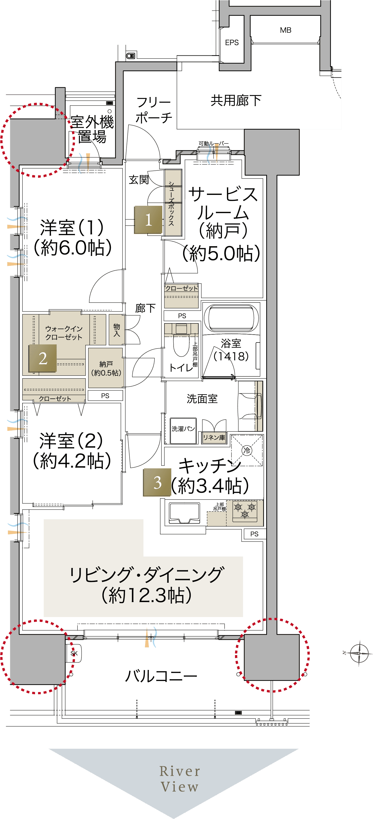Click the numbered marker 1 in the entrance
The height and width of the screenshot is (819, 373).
[148, 220]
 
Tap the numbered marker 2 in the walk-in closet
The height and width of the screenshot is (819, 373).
[43, 358]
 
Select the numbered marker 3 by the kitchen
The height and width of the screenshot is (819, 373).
[157, 482]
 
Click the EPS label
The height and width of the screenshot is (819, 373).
[232, 43]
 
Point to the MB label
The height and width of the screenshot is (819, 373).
[286, 30]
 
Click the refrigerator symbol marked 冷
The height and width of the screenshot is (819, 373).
[247, 450]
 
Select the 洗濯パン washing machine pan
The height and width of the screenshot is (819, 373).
[183, 431]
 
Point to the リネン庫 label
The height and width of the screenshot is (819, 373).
[214, 437]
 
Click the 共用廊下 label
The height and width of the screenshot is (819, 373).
[236, 101]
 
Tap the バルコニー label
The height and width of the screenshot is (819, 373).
[161, 676]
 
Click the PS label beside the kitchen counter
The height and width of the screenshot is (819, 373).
[254, 534]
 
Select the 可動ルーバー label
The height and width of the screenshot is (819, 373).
[214, 144]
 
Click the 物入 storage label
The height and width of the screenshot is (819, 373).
[117, 330]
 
